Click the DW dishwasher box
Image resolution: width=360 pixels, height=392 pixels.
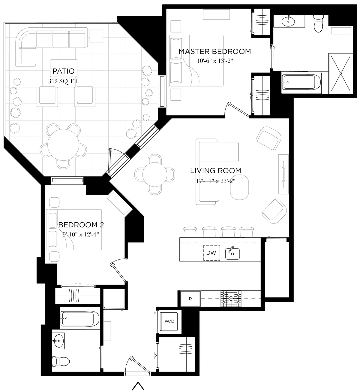[211, 253]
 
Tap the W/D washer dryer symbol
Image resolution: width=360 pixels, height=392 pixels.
[169, 321]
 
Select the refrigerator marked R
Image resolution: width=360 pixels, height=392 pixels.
[190, 299]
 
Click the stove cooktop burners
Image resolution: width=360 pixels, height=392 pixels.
[231, 298]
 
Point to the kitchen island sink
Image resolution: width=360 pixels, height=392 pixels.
[232, 254]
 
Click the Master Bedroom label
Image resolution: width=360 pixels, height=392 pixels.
[215, 51]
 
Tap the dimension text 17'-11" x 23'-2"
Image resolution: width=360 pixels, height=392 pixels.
[215, 181]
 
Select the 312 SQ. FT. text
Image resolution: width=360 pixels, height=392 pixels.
[63, 81]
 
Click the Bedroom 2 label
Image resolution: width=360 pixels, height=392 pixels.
[81, 225]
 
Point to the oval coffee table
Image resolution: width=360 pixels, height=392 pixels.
[239, 187]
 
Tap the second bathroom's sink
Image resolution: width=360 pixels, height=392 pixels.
[59, 341]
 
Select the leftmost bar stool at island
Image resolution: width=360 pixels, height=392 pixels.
[190, 232]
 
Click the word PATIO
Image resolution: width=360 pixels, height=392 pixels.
[63, 71]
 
